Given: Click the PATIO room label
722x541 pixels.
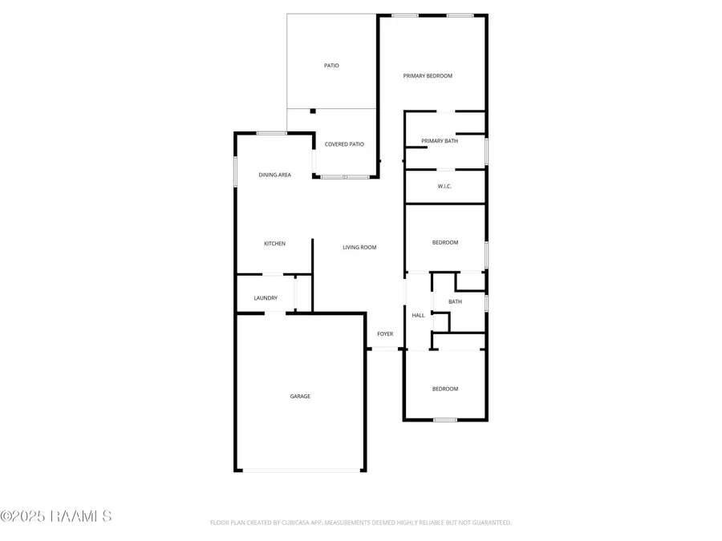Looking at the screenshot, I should point(331,66).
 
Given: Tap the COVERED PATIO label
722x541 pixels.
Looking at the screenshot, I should point(344,144).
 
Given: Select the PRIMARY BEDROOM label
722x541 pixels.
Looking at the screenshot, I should point(428,76).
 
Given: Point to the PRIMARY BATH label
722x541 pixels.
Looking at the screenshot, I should point(440,141).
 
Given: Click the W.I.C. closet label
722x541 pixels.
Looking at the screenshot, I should point(444,187).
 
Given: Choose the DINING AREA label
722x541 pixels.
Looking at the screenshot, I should point(274,175).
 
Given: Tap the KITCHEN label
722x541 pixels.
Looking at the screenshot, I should point(275,244).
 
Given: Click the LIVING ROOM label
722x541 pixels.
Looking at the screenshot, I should point(359,248).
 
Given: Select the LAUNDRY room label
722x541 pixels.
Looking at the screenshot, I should point(266,298).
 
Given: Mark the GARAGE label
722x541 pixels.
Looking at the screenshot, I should point(300,396).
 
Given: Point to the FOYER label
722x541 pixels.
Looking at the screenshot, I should point(385,333).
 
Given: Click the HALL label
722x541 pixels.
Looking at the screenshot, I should point(418,316).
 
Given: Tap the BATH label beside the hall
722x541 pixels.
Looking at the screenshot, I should point(455,302).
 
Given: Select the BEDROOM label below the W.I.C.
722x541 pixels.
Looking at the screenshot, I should point(445,243).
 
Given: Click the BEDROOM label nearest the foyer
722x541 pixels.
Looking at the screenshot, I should point(445,390).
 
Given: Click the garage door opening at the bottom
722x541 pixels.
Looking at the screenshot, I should point(300,470).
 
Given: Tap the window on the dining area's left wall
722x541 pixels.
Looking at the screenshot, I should point(235,172).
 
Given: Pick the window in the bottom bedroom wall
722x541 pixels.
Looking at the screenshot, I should point(445,419).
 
